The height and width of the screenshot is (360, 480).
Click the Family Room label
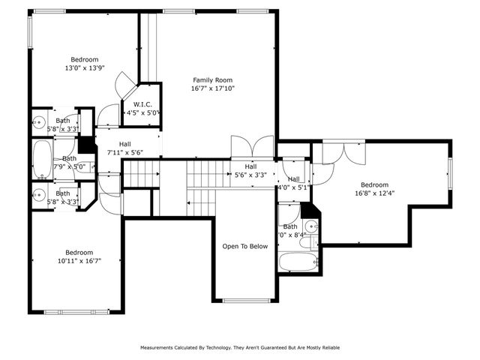[x=212, y=80]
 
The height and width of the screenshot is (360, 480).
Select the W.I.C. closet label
[x=142, y=104]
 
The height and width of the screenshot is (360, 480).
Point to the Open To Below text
[x=244, y=246]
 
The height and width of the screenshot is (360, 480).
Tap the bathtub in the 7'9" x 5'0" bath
[x=43, y=158]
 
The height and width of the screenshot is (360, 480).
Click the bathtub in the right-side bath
[x=298, y=262]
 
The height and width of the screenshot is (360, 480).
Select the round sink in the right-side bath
[x=311, y=226]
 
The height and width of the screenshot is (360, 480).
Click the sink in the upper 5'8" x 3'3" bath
[x=40, y=121]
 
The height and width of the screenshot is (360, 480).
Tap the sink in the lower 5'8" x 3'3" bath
[x=40, y=194]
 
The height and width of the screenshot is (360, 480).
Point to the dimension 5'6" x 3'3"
[x=250, y=174]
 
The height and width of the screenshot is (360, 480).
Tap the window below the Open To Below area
[x=245, y=301]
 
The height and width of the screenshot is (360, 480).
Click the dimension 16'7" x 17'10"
[x=212, y=88]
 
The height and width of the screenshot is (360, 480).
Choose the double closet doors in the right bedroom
[x=340, y=152]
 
